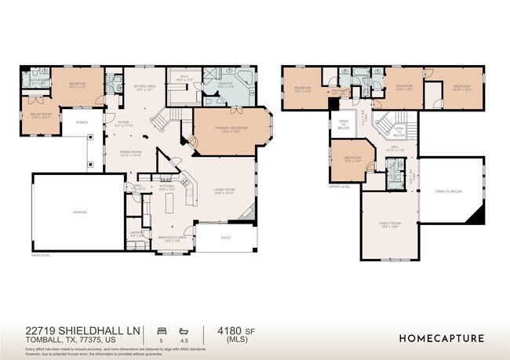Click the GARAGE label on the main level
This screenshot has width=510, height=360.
tap(79, 213)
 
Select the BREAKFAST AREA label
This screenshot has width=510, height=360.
tap(170, 238)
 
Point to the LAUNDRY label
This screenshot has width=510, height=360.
tap(137, 233)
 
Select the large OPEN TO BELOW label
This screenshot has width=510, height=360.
tap(450, 191)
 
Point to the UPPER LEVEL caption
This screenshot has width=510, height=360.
tap(340, 187)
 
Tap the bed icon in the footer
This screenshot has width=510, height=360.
tap(162, 330)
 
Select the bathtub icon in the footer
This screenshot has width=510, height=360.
tap(184, 330)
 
